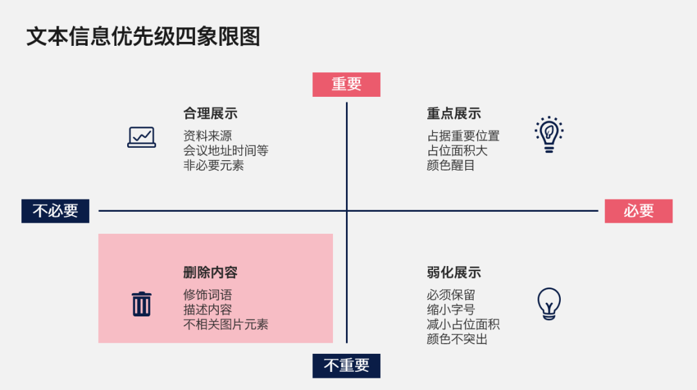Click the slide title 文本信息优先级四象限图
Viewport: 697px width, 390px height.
[x=143, y=36]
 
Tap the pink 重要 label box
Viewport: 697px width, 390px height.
[x=347, y=85]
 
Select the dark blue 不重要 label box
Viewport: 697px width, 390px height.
[x=347, y=366]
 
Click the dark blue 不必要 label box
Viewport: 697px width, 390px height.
[x=56, y=210]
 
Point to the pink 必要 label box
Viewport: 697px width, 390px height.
[x=638, y=210]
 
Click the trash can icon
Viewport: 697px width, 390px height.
[x=141, y=304]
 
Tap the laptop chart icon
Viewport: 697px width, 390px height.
[x=141, y=137]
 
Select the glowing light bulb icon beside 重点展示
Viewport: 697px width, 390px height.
[x=549, y=134]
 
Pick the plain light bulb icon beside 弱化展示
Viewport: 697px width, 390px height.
[x=549, y=303]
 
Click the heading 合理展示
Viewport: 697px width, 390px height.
[x=210, y=114]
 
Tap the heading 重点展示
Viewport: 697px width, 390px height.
[x=454, y=114]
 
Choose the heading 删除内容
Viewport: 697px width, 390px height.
[x=210, y=272]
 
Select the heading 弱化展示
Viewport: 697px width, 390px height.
[x=454, y=272]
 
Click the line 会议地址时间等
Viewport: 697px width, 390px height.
[x=226, y=150]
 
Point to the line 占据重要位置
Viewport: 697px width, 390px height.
[x=463, y=136]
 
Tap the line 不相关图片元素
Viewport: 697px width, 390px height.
[x=226, y=325]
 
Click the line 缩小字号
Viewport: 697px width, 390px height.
[x=450, y=309]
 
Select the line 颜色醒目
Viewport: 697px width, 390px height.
[x=450, y=165]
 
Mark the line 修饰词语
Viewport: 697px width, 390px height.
[x=208, y=295]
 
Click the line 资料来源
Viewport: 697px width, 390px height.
[x=208, y=136]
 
